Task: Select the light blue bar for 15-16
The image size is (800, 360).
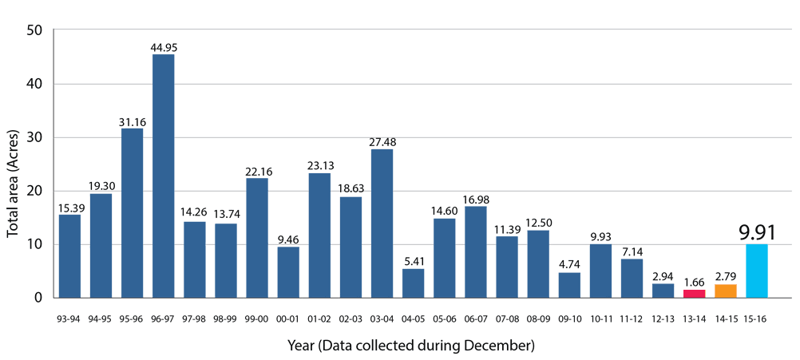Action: (756, 271)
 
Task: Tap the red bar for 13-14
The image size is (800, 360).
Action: (694, 294)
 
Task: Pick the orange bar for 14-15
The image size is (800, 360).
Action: (725, 291)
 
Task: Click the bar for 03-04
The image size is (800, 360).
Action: (382, 224)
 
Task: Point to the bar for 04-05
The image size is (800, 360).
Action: (413, 283)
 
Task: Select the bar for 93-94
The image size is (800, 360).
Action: (69, 255)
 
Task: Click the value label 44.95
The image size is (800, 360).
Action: (164, 47)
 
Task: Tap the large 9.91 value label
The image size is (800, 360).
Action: (757, 232)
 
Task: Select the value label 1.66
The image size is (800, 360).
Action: (695, 282)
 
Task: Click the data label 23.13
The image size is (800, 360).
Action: (319, 166)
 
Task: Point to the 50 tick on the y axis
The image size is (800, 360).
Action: (35, 30)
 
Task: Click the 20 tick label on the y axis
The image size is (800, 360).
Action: (35, 191)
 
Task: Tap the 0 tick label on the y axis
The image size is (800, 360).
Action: (38, 298)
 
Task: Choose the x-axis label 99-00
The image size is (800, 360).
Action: (257, 318)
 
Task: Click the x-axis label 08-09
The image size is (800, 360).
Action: (538, 318)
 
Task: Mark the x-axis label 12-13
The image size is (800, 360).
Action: (663, 318)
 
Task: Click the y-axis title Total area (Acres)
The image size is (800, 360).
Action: (13, 164)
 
